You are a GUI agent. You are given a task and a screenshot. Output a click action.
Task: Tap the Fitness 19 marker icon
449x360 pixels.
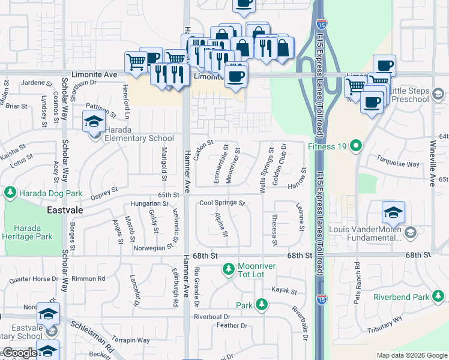pos(356,145)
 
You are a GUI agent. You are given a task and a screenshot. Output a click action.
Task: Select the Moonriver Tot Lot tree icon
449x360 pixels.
pos(228,271)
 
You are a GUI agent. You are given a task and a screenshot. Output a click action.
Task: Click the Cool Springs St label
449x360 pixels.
pos(223,203)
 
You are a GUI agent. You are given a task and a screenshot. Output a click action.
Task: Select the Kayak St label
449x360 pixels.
pos(285,292)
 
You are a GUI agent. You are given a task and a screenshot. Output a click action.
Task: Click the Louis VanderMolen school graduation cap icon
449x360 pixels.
pos(394,214)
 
